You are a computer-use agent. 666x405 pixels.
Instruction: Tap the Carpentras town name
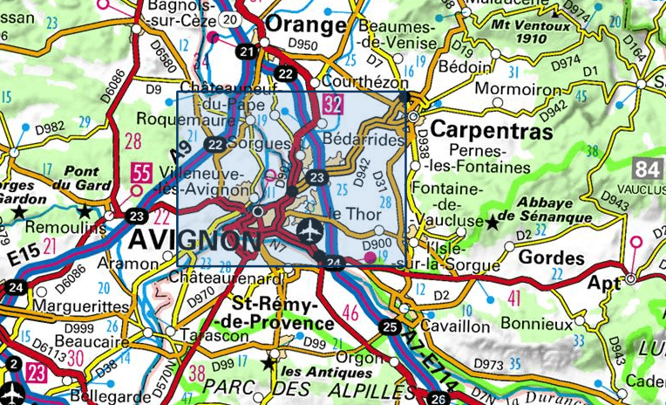[493, 131]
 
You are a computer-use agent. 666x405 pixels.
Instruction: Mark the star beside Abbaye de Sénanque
[493, 223]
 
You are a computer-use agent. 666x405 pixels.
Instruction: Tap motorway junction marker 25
[389, 327]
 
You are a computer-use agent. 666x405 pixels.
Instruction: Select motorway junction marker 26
[438, 400]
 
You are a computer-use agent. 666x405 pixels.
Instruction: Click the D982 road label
[52, 128]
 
